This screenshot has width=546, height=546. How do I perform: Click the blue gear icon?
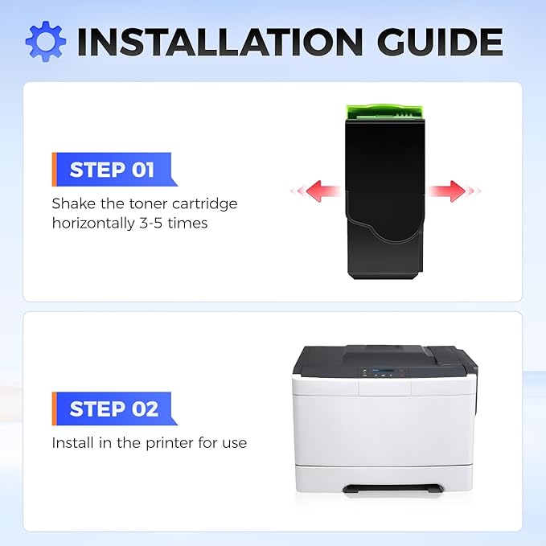coord(46,41)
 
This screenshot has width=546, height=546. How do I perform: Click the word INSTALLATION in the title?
coord(220,42)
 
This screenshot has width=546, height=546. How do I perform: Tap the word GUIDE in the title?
coord(440,42)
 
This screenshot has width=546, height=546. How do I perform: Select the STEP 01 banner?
coord(114,169)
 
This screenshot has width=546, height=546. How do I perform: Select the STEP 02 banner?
coord(114,408)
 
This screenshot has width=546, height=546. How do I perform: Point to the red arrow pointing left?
coord(316,191)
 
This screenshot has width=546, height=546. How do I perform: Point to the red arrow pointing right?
coord(454,191)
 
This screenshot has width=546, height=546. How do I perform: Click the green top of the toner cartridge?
coord(385,112)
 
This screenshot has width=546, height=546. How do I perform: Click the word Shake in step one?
coord(73,203)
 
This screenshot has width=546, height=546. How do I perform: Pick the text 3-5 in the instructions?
coord(151,223)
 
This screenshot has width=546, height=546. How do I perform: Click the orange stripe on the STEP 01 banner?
coord(54,169)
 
